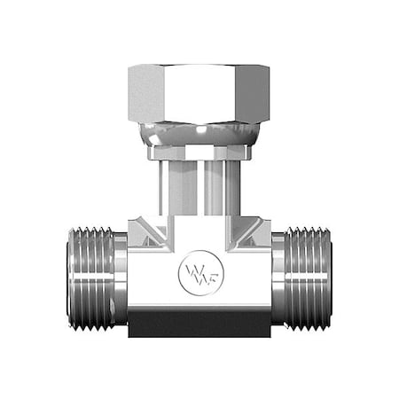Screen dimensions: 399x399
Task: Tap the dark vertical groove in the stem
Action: pos(199,191)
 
